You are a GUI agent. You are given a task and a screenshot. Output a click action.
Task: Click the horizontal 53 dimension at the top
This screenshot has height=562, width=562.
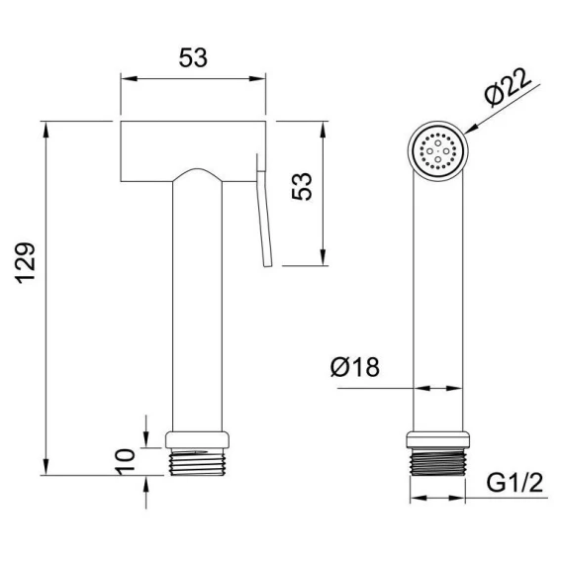click(193, 57)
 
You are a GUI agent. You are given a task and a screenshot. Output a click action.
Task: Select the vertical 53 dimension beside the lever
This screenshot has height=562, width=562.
click(302, 186)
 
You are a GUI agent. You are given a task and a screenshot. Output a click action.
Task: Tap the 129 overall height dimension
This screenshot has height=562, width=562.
click(26, 263)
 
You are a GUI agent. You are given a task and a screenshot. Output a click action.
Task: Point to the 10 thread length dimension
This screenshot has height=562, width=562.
click(127, 462)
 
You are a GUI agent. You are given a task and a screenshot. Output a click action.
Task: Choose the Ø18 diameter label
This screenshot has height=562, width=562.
click(355, 367)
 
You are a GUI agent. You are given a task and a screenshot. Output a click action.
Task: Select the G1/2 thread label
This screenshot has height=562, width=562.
click(515, 482)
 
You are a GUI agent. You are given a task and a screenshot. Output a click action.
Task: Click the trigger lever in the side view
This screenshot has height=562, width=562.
click(264, 211)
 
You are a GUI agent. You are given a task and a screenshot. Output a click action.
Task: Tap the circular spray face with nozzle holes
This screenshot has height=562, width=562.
click(437, 151)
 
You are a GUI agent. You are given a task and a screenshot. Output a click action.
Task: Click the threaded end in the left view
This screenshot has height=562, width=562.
click(197, 462)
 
